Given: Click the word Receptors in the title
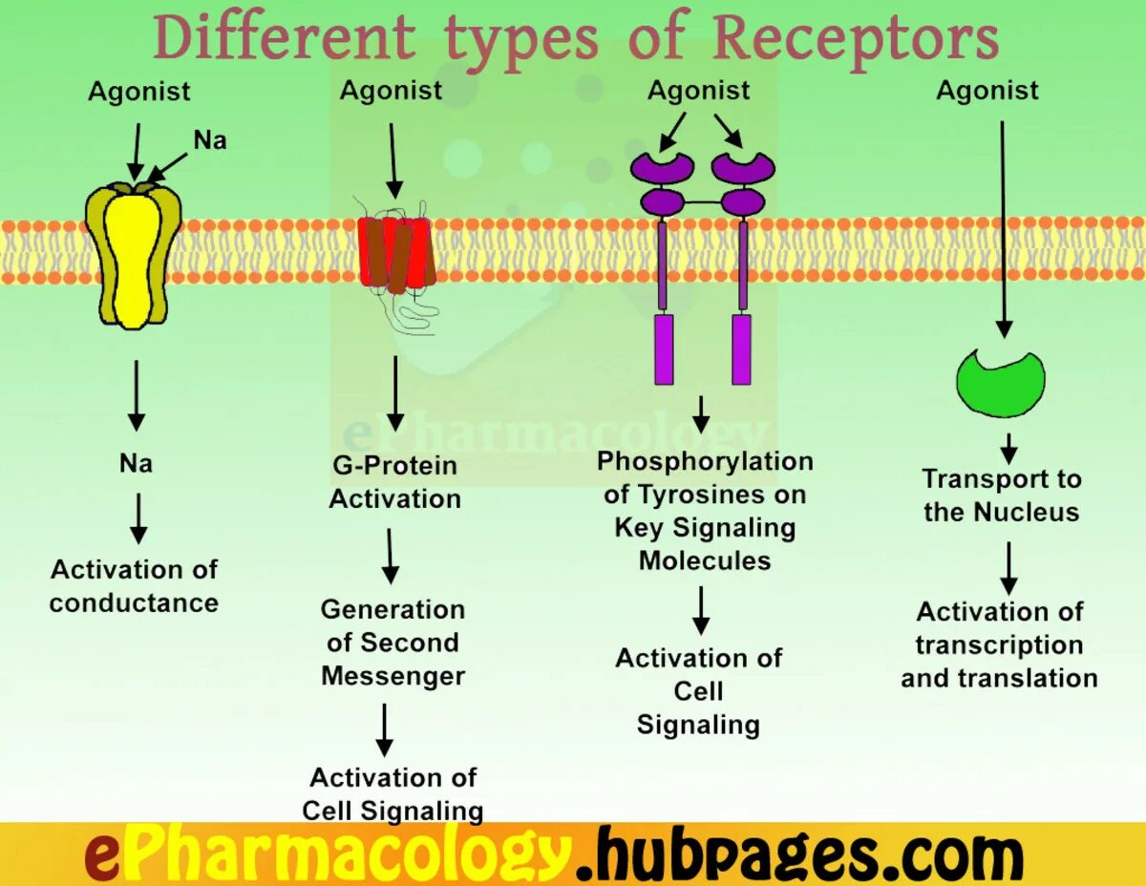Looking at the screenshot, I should coord(856,40).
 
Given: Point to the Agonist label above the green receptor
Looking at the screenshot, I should coord(987,91).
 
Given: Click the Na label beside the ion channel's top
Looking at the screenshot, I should coord(210,140).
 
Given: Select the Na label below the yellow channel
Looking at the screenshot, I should coord(136,464).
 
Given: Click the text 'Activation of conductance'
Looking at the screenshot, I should coord(134,586).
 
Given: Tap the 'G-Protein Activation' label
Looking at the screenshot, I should coord(394,482).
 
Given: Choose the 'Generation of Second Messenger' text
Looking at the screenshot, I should coord(393,643).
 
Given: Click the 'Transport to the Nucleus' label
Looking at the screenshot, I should coord(1001,496).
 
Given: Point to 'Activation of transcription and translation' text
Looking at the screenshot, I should coord(999,644).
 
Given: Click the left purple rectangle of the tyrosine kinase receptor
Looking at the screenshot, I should coord(664,349).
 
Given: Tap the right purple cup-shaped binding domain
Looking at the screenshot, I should coord(743,167).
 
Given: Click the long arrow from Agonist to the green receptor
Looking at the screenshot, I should coord(1002,229).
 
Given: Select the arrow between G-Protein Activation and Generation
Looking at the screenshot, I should coord(390,556).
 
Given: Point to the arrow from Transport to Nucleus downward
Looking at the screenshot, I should coord(1008,568).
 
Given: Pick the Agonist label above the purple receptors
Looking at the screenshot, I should coord(698,91).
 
